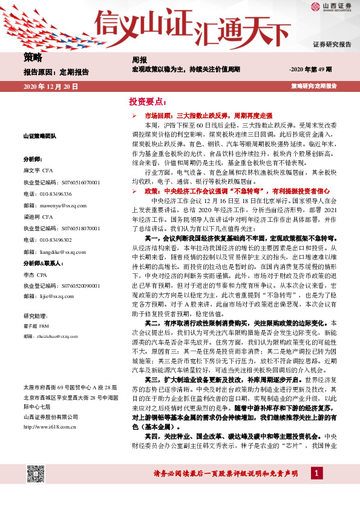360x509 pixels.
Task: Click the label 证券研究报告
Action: [x=332, y=44]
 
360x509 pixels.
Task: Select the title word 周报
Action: [x=139, y=60]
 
